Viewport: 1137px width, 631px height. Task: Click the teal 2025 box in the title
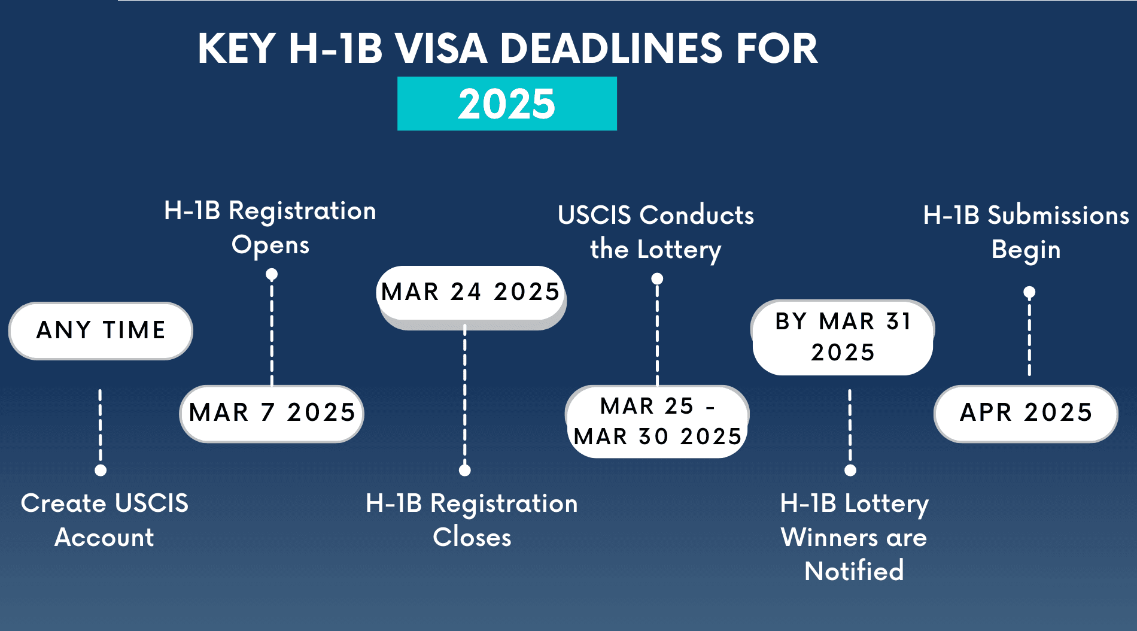click(x=507, y=104)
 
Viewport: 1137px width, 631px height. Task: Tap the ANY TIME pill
click(x=101, y=330)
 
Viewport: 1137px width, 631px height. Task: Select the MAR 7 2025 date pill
click(x=272, y=413)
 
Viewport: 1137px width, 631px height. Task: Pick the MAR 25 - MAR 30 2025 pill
click(x=657, y=421)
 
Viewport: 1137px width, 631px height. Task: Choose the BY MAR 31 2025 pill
click(x=843, y=337)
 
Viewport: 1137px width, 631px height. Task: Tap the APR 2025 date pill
click(x=1026, y=413)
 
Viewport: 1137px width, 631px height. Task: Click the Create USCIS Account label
click(x=105, y=520)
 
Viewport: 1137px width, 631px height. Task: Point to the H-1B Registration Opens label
click(x=270, y=227)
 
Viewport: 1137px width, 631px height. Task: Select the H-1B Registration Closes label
click(x=472, y=520)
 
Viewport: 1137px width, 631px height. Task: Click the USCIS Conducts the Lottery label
click(x=656, y=232)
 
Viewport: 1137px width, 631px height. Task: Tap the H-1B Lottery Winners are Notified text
click(x=854, y=537)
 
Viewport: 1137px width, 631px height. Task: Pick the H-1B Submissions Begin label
click(x=1026, y=232)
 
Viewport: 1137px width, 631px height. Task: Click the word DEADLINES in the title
click(x=611, y=48)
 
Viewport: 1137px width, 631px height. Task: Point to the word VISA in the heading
click(x=441, y=48)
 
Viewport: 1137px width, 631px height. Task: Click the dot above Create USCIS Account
click(x=101, y=470)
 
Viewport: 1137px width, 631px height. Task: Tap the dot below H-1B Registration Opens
click(x=272, y=275)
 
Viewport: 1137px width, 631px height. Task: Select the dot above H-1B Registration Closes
click(x=465, y=470)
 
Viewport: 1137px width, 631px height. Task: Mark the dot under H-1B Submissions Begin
click(x=1029, y=292)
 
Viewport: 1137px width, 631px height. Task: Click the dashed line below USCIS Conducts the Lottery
click(x=657, y=335)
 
